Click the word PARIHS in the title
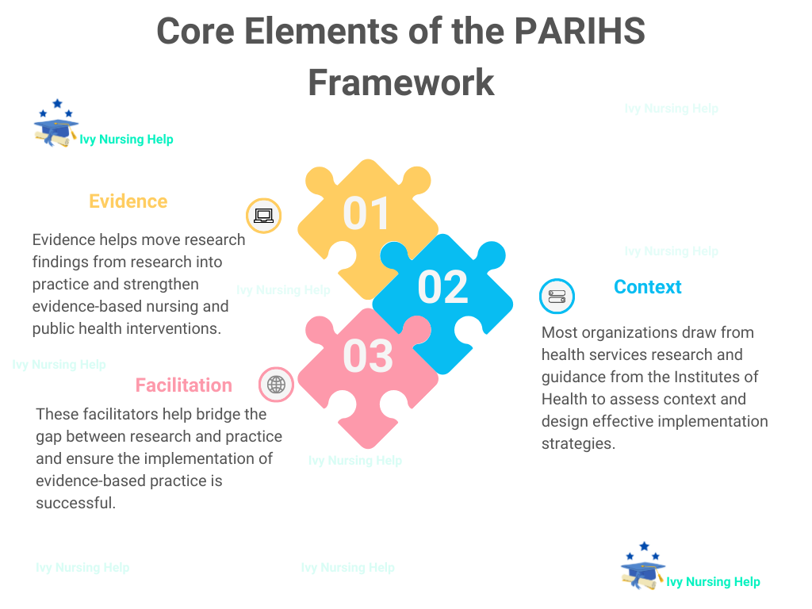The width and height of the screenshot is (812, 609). [x=580, y=32]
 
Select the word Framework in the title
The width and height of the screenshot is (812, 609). [x=401, y=82]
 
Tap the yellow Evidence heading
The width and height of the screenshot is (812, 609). [x=128, y=201]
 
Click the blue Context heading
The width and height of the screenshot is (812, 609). [x=648, y=287]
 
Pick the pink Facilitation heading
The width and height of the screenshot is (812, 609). [x=183, y=385]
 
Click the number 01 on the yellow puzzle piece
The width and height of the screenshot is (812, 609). [x=366, y=213]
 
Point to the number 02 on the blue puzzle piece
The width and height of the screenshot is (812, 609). [x=442, y=287]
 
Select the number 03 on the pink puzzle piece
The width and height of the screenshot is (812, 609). [x=368, y=356]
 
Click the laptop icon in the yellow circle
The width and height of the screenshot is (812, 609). [x=263, y=216]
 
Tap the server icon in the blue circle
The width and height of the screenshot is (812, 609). [x=557, y=297]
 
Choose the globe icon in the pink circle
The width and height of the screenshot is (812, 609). [x=276, y=385]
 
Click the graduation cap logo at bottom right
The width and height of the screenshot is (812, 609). [x=642, y=568]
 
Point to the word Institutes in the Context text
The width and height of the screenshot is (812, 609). [x=700, y=377]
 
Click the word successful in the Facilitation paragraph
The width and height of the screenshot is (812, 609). [x=75, y=503]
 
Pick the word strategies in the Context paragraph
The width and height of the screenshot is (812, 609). [x=577, y=443]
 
